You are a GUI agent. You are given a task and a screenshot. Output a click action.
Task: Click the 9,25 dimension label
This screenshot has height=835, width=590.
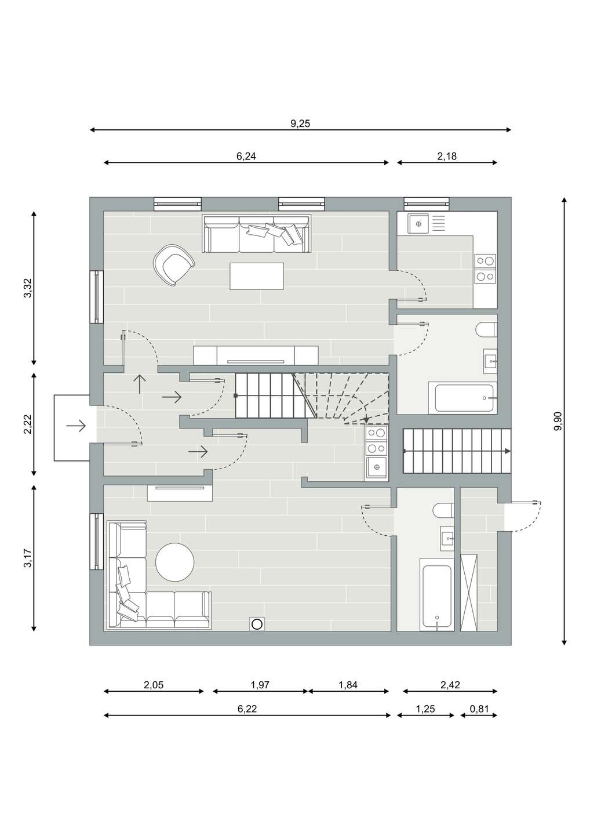300,124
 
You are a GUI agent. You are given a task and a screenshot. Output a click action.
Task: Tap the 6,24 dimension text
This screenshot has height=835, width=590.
246,156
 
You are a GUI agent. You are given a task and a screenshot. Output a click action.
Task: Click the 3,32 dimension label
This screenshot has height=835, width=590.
28,288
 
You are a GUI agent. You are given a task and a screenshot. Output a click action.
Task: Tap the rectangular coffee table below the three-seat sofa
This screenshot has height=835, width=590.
257,276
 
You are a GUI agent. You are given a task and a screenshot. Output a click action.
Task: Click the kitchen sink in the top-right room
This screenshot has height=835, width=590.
418,224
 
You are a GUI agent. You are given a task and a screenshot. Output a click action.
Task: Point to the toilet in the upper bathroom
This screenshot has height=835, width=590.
486,329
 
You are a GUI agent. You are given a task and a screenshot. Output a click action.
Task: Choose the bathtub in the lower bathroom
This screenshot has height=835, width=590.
436,600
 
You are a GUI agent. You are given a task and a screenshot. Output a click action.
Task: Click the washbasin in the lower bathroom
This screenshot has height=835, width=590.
447,538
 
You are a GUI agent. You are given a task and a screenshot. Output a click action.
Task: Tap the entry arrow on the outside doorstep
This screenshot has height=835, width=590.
77,426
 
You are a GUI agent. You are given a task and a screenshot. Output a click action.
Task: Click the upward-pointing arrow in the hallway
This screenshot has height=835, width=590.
140,384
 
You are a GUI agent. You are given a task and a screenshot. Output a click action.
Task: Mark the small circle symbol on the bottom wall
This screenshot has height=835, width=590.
257,624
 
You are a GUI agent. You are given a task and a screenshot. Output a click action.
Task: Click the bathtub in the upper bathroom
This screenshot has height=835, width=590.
462,397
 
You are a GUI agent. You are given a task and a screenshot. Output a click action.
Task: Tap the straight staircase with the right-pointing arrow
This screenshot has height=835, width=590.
457,451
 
